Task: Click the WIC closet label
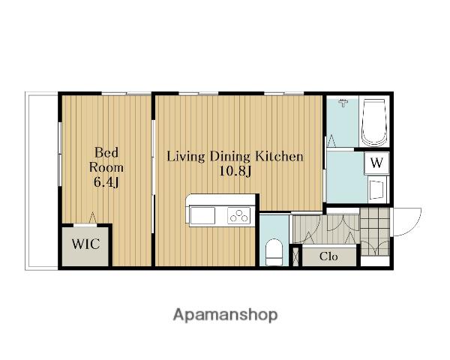pos(85,244)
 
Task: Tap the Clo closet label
pos(328,256)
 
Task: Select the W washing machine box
pos(376,163)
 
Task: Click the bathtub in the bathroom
pos(373,122)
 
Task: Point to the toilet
pos(274,253)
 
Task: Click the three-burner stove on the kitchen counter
pos(238,215)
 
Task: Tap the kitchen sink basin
pos(202,215)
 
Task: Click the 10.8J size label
pos(235,172)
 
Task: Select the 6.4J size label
pos(106,182)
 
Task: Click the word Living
pos(186,157)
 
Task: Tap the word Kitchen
pos(279,157)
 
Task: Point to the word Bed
pos(106,152)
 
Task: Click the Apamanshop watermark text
pos(225,315)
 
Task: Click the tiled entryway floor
pos(375,232)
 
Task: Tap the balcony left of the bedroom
pos(42,181)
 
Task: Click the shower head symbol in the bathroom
pos(343,103)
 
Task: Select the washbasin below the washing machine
pos(376,189)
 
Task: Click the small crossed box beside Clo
pos(295,256)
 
